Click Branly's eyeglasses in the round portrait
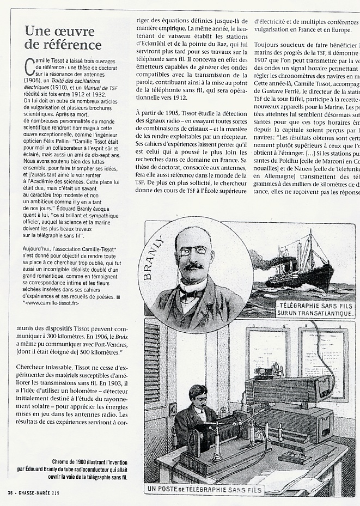pyautogui.click(x=193, y=251)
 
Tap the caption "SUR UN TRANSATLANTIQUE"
pyautogui.click(x=315, y=314)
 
